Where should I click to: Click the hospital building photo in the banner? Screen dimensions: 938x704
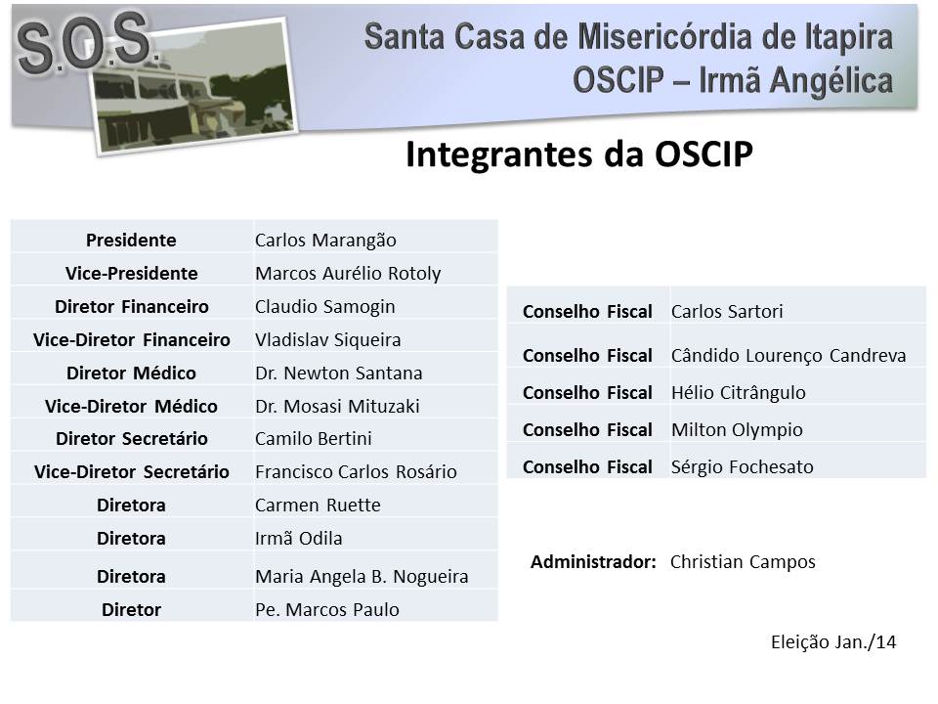pyautogui.click(x=194, y=87)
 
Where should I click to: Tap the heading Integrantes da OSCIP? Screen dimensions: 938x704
pyautogui.click(x=579, y=154)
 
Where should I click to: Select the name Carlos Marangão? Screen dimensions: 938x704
pyautogui.click(x=325, y=241)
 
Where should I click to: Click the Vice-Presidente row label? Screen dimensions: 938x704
pyautogui.click(x=132, y=273)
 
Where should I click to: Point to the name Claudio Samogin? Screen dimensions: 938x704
pyautogui.click(x=324, y=306)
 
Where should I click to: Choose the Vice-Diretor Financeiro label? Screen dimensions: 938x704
pyautogui.click(x=132, y=339)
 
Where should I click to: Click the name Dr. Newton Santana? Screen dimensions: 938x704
pyautogui.click(x=339, y=373)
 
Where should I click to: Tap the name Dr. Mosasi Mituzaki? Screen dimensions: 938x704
pyautogui.click(x=337, y=406)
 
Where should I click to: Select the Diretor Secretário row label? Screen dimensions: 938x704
pyautogui.click(x=132, y=438)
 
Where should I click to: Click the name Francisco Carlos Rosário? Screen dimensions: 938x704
pyautogui.click(x=356, y=471)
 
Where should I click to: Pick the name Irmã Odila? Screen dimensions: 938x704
pyautogui.click(x=299, y=538)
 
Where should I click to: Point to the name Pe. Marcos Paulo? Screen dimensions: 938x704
pyautogui.click(x=327, y=609)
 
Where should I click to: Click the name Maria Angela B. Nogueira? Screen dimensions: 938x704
pyautogui.click(x=362, y=577)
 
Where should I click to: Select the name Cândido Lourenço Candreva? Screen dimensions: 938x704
pyautogui.click(x=789, y=356)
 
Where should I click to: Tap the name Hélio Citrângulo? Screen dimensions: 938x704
pyautogui.click(x=739, y=393)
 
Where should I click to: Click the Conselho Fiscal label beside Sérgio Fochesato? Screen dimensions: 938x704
pyautogui.click(x=587, y=467)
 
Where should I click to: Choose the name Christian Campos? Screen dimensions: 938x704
pyautogui.click(x=743, y=562)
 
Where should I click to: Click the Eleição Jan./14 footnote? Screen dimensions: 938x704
pyautogui.click(x=833, y=641)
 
